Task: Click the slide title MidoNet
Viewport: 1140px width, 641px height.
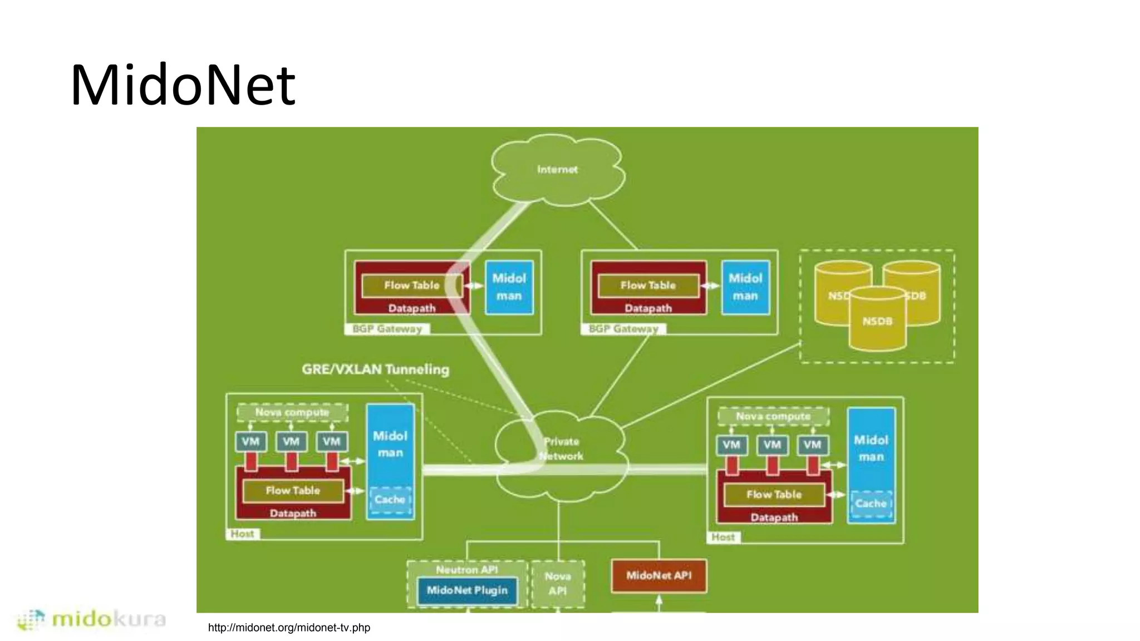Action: [183, 85]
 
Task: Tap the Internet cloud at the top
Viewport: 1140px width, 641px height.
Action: [557, 169]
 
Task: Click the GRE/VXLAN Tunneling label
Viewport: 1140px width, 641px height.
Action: [375, 369]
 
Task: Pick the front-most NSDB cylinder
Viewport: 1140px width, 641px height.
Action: [877, 322]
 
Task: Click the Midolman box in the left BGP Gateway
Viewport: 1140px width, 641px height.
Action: [509, 287]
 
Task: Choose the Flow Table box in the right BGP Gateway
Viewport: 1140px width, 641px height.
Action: [648, 285]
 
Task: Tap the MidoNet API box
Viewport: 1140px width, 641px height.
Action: [659, 575]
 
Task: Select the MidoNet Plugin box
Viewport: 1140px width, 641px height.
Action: [467, 590]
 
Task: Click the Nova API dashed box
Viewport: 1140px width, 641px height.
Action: [558, 583]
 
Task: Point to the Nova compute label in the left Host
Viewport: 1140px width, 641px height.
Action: [292, 412]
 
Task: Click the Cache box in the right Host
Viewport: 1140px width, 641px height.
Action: [871, 504]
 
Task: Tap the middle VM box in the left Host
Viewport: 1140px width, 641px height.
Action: [291, 442]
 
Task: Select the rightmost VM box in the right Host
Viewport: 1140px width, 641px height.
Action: [812, 445]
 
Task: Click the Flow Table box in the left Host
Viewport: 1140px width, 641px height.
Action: [293, 491]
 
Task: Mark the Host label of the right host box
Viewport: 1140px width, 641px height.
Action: [723, 537]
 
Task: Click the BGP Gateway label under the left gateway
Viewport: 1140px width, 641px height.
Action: [387, 329]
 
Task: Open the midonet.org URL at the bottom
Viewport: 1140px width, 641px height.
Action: [289, 628]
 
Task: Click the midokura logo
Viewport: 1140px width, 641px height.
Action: [92, 619]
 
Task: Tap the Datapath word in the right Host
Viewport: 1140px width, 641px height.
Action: [774, 517]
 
